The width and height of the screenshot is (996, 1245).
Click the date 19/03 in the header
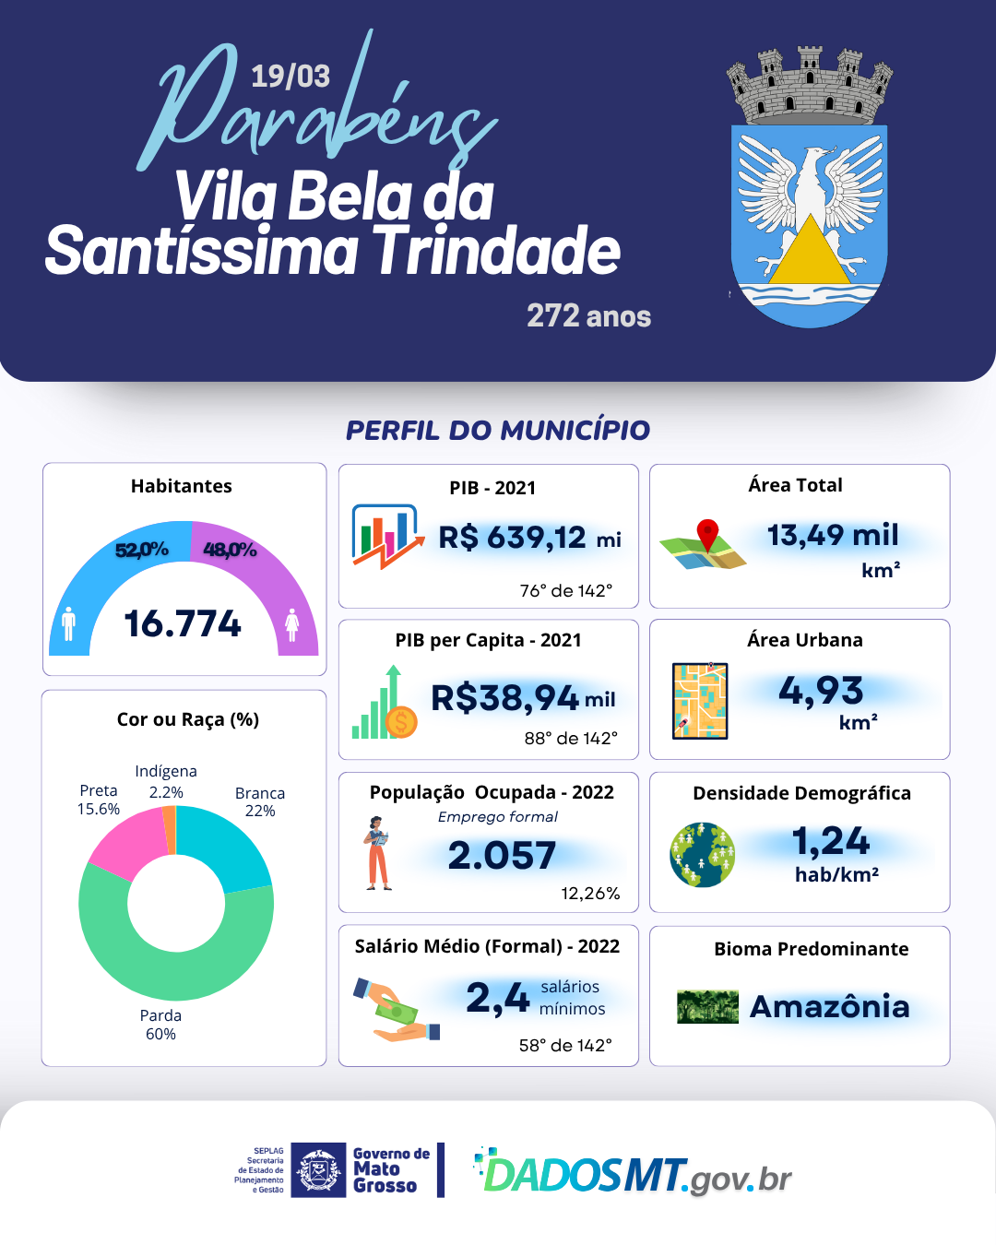(290, 76)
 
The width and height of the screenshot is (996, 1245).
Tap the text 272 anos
(588, 316)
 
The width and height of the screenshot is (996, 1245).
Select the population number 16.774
(183, 623)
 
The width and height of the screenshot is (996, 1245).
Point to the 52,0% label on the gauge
(142, 550)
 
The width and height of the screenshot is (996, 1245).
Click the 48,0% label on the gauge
(230, 550)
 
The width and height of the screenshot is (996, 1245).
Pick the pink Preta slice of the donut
(126, 841)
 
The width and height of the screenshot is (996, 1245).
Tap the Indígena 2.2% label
(166, 781)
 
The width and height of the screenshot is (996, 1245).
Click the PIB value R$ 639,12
(513, 537)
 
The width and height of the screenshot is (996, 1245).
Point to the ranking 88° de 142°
(571, 738)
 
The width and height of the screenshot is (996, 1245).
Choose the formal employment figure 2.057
(502, 856)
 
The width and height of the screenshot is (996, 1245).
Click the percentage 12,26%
(590, 893)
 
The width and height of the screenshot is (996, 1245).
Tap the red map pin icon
(707, 534)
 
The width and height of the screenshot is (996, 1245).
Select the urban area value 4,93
(821, 690)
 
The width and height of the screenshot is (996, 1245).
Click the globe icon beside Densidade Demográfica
(702, 855)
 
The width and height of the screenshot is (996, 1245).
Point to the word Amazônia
(829, 1006)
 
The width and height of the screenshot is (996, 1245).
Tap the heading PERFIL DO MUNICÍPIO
(498, 430)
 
